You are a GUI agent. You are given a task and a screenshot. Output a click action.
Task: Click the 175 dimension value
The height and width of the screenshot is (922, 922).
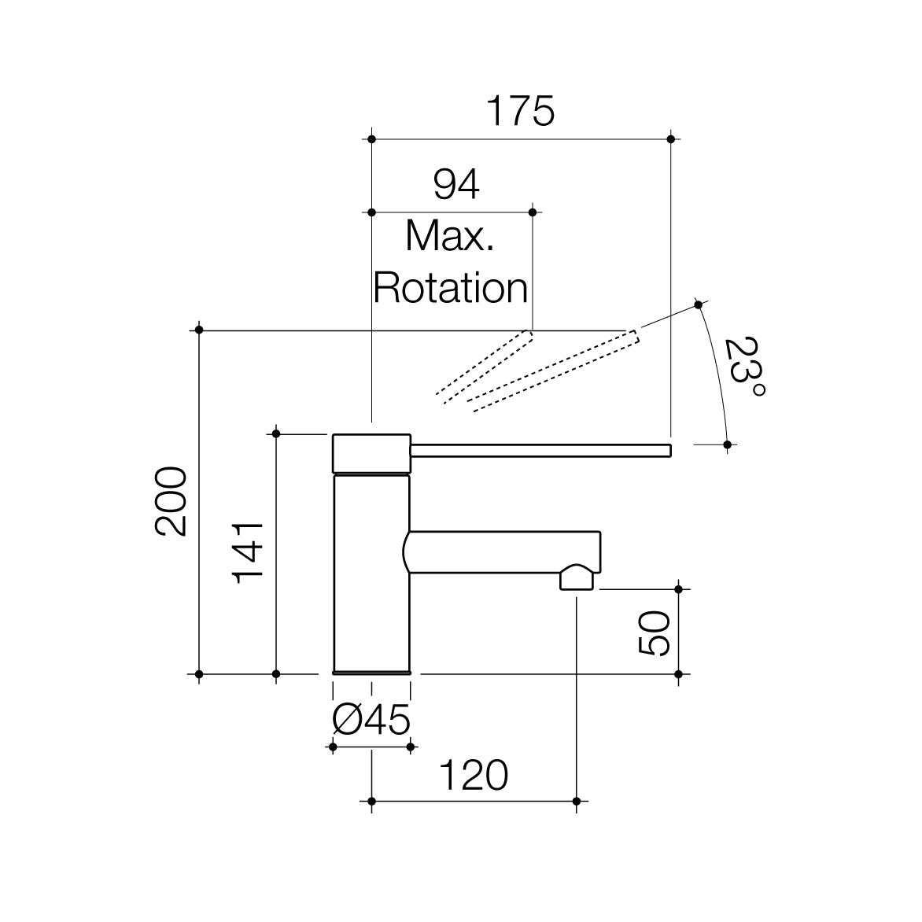tap(521, 111)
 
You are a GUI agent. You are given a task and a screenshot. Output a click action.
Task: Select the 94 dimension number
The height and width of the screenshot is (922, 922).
tap(456, 184)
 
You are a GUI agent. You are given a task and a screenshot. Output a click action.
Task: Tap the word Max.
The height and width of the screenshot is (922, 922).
tap(450, 236)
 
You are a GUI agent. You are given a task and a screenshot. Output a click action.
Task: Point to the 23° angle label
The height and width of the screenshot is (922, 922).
tap(744, 367)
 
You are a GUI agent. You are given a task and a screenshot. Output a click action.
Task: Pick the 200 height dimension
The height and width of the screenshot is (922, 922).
tap(171, 502)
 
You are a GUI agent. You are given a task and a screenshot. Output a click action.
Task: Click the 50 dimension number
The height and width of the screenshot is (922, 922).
tap(654, 633)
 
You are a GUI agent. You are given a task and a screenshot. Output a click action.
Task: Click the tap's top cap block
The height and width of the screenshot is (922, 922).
tap(371, 453)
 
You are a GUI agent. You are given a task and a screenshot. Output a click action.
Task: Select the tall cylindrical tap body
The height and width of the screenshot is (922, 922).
tap(371, 574)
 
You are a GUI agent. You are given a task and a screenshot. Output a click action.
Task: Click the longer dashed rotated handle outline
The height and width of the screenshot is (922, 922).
tap(553, 371)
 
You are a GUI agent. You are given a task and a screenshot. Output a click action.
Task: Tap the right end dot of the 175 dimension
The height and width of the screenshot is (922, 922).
tap(671, 139)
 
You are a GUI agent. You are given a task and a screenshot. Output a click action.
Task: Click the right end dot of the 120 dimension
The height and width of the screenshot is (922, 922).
tap(576, 802)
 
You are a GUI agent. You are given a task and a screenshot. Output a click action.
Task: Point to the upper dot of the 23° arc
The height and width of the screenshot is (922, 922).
tap(698, 304)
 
